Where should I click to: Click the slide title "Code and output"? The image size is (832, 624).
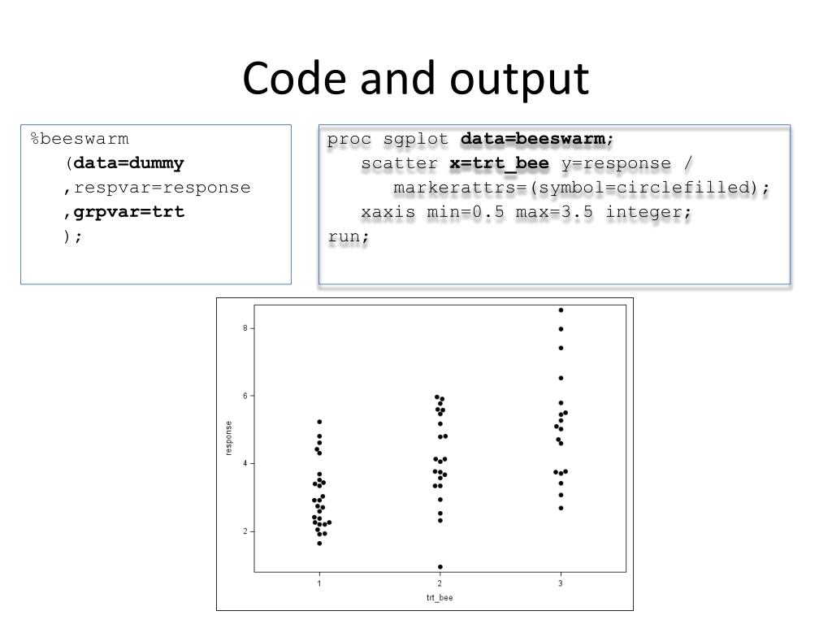[415, 79]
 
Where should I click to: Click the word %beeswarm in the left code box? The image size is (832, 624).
[80, 139]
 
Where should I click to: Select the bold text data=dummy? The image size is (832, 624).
[129, 163]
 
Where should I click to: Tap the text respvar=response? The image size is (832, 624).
[162, 188]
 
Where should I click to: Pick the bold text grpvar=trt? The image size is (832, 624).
[129, 212]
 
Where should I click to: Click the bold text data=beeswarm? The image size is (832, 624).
[533, 139]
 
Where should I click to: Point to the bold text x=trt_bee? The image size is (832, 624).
[500, 163]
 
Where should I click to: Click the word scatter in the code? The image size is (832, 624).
[401, 163]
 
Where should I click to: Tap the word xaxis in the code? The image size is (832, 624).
[388, 212]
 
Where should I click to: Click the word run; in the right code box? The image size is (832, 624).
[349, 236]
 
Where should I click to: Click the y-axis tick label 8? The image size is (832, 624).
[245, 328]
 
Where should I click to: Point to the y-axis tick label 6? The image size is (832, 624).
[245, 396]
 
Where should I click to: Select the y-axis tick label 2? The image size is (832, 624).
[245, 531]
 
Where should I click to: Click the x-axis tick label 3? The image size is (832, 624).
[561, 583]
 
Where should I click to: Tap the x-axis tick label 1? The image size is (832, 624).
[319, 583]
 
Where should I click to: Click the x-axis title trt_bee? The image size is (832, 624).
[440, 598]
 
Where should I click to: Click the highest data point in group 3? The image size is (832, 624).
[561, 310]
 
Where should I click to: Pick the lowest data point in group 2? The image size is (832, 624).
[440, 567]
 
